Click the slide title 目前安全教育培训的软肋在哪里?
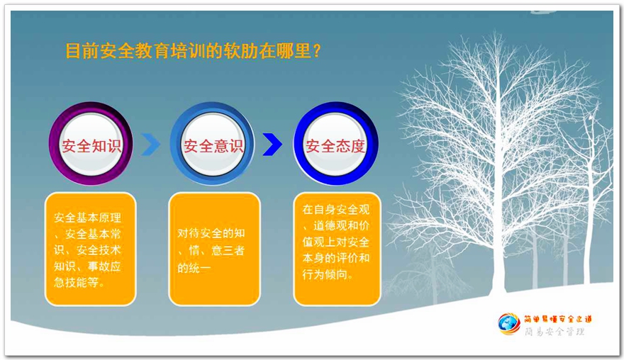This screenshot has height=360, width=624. pos(193,51)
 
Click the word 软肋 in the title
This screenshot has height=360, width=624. pos(240,51)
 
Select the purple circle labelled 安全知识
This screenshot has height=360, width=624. pos(91,144)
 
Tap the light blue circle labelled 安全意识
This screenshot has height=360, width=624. pos(212,144)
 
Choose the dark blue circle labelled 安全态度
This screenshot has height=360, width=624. pos(335,144)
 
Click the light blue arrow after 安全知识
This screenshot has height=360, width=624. pos(150,144)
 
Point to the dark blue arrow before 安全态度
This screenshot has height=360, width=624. pos(272,144)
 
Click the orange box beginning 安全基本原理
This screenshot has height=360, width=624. pos(90,249)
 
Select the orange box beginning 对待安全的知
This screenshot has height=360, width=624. pos(214,249)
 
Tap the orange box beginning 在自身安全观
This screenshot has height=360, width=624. pos(337,249)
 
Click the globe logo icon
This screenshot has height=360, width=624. pos(508,324)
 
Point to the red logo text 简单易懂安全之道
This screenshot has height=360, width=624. pos(557,319)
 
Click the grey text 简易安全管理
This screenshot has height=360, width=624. pos(555,332)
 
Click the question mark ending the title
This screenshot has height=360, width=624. pos(317,51)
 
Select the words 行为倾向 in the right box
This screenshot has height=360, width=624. pos(324,274)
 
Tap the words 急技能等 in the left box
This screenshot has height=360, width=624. pos(76,283)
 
